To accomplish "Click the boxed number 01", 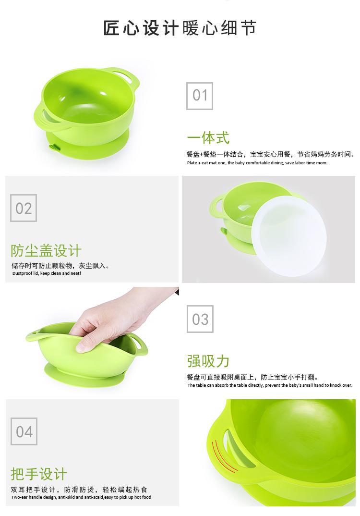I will point(200,95).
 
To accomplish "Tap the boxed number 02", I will point(24,208).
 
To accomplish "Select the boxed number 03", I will point(200,319).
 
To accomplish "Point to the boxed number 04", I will point(24,431).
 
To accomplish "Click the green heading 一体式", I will point(208,138).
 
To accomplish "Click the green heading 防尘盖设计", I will point(46,250).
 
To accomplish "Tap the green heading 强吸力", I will point(208,361).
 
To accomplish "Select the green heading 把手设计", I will point(39,474).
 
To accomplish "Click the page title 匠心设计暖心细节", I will point(180,28).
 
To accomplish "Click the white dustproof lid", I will point(289,235).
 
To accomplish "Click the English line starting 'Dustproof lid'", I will point(47,273).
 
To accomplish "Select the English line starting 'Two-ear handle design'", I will point(81,497).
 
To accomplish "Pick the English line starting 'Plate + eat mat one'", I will point(257,163).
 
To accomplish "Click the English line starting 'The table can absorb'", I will point(269,385).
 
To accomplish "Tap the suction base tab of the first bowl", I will point(52,147).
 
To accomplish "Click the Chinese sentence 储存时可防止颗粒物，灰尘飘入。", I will point(60,266).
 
